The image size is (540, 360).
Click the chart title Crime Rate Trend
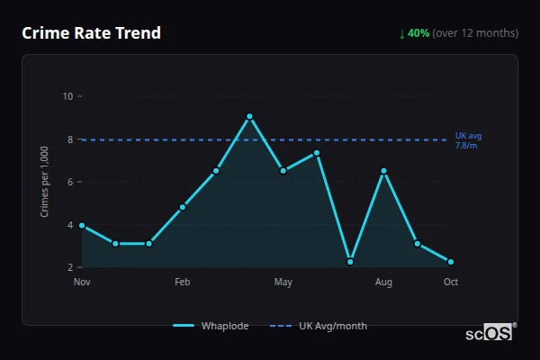coord(92,33)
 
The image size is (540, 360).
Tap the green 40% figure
coord(418,33)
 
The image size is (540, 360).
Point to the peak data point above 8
coord(249,116)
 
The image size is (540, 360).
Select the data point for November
coord(82,225)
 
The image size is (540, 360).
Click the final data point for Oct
coord(451,262)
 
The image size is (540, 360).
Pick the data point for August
coord(383,171)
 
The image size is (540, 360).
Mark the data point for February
coord(183,207)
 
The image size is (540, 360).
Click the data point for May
coord(283,171)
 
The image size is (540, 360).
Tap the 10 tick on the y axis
coord(68,96)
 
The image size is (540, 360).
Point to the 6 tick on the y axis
coord(70,182)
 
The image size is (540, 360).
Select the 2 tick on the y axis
coord(70,267)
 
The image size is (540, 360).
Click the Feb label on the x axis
coord(183,283)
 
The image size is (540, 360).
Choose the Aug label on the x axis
coord(383,283)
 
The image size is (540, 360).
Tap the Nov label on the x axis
coord(82,283)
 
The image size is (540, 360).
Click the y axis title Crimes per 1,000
coord(45,181)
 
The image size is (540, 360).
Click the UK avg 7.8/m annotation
coord(468,139)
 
